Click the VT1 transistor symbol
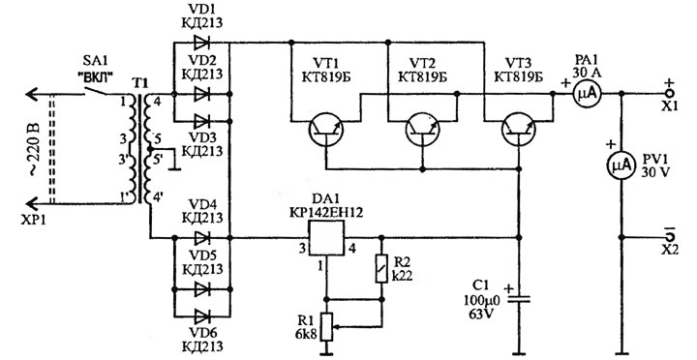[326, 129]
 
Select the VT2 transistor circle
[423, 129]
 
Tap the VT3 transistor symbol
[519, 129]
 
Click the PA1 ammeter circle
[588, 94]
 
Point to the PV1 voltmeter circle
[621, 165]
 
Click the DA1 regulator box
[327, 238]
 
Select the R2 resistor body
[381, 269]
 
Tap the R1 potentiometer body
[327, 327]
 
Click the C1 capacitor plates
[519, 300]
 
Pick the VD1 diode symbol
[201, 43]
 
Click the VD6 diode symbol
[201, 316]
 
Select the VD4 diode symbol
[201, 238]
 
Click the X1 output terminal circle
[671, 93]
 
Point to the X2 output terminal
[671, 235]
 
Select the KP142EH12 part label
[326, 213]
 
